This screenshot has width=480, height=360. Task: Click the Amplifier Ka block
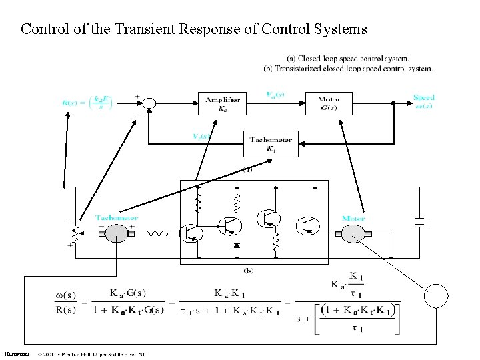[223, 103]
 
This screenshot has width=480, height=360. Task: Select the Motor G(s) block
[329, 103]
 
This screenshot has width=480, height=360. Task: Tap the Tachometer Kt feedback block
[271, 143]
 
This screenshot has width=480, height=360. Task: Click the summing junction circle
[150, 103]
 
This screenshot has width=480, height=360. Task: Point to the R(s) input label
[87, 103]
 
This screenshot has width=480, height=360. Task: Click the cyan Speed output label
[424, 101]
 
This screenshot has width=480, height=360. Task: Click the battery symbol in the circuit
[419, 223]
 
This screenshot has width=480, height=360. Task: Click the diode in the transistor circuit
[236, 245]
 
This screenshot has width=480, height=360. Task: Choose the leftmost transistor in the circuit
[192, 231]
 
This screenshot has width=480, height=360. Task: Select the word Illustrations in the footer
[16, 354]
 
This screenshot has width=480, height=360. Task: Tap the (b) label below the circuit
[248, 270]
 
